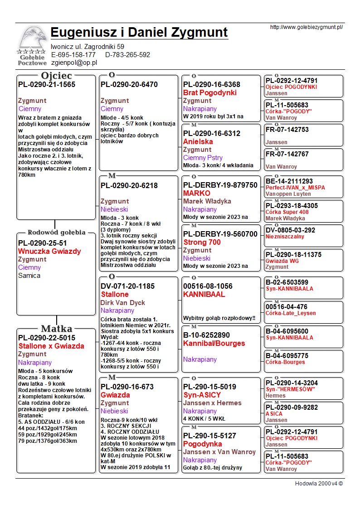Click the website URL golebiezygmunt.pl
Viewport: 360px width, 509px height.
pyautogui.click(x=306, y=27)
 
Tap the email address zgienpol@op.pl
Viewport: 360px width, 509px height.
pyautogui.click(x=74, y=63)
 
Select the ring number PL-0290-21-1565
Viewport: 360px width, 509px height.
pyautogui.click(x=47, y=85)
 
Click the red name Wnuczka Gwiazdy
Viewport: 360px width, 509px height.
pyautogui.click(x=49, y=251)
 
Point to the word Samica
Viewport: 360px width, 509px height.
pyautogui.click(x=29, y=276)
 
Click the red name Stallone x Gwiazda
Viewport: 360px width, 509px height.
pyautogui.click(x=51, y=346)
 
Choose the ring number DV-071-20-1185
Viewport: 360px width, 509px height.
pyautogui.click(x=127, y=286)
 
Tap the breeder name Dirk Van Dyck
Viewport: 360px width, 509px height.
pyautogui.click(x=123, y=303)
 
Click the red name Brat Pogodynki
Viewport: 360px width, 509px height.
pyautogui.click(x=209, y=92)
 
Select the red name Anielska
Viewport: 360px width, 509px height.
pyautogui.click(x=198, y=141)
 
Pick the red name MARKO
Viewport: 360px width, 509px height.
pyautogui.click(x=196, y=193)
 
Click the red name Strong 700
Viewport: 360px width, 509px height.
pyautogui.click(x=202, y=242)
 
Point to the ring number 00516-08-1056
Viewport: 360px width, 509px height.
pyautogui.click(x=208, y=286)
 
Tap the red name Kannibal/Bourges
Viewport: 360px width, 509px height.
pyautogui.click(x=214, y=344)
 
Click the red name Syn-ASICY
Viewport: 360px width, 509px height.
pyautogui.click(x=202, y=395)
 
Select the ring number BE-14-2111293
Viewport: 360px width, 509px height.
pyautogui.click(x=289, y=181)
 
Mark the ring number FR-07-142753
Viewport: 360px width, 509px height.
pyautogui.click(x=287, y=130)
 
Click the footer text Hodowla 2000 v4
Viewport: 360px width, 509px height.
pyautogui.click(x=319, y=484)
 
